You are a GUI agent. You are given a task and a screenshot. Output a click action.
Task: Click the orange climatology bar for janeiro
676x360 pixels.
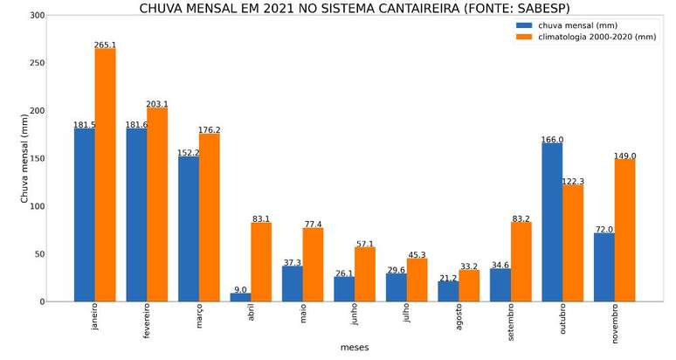105,175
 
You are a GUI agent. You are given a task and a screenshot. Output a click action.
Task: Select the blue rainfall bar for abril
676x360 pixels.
240,297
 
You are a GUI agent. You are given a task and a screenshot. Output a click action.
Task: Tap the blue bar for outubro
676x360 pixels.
552,222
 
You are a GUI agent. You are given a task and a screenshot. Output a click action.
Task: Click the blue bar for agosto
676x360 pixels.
448,291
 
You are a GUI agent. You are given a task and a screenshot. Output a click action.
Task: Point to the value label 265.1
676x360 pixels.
105,45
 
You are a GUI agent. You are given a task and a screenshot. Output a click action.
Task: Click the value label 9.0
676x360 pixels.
240,289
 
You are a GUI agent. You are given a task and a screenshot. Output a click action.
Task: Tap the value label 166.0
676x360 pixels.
552,140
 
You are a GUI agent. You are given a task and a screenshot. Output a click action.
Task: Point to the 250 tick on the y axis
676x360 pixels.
37,64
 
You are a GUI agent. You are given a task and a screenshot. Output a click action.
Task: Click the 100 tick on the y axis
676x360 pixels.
37,207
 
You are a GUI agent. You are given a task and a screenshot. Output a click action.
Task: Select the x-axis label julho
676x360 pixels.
407,317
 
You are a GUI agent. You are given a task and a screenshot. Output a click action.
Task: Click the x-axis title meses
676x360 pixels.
355,348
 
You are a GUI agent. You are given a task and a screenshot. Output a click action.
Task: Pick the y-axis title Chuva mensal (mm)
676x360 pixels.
24,159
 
